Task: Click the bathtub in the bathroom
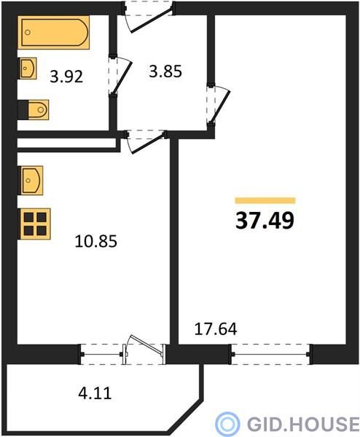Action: (53, 32)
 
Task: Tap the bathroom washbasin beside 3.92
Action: (27, 68)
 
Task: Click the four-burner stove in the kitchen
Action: (34, 224)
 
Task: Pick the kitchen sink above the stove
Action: (31, 181)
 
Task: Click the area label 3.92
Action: (66, 76)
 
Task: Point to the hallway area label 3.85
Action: (165, 71)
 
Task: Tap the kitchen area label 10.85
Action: (95, 241)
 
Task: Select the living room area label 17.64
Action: (216, 329)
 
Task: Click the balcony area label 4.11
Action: (95, 393)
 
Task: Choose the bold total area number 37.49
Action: (265, 220)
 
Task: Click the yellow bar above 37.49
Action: (265, 201)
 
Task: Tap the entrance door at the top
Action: (149, 17)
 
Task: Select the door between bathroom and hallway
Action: (120, 76)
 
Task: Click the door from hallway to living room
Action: (219, 104)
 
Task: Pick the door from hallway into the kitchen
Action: (145, 141)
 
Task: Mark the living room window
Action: (270, 354)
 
